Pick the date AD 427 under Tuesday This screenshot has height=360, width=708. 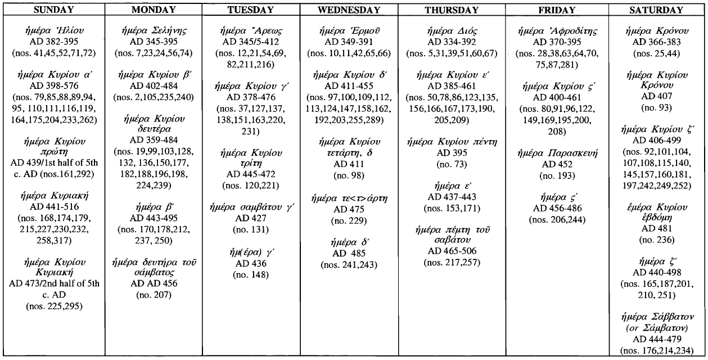(x=246, y=219)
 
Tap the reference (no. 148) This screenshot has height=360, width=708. (x=246, y=274)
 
